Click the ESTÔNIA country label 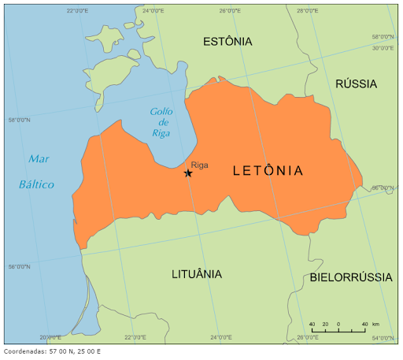227,41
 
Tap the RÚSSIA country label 356,84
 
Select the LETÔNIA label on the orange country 268,170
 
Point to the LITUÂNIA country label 197,274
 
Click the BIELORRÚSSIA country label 351,277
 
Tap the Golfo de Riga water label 161,122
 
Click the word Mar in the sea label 39,158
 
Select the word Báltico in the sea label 36,184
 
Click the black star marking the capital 188,173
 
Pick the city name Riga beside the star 199,165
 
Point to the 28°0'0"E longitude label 308,11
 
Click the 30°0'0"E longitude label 383,47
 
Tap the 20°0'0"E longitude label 50,337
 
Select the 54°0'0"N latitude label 383,338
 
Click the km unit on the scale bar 375,324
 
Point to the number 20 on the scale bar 325,324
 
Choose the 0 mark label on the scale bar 338,324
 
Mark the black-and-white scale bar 338,331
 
